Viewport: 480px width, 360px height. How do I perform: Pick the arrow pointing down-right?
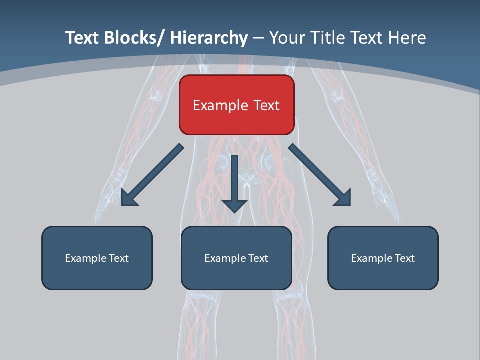pos(320,175)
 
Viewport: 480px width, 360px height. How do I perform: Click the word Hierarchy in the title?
pos(209,38)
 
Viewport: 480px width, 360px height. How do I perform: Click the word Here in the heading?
pos(406,38)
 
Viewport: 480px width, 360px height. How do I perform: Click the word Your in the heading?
pos(286,38)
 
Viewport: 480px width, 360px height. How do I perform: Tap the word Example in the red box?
pos(220,105)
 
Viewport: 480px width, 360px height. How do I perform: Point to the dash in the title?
pos(258,38)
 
